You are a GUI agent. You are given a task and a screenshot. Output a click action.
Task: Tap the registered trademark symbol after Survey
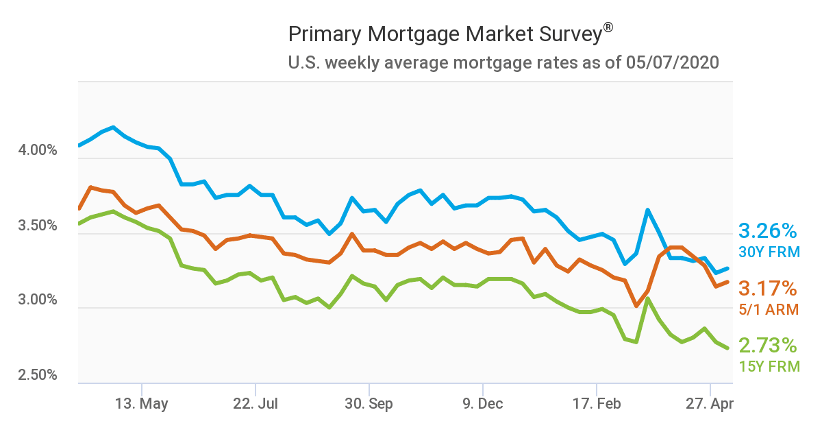tap(608, 28)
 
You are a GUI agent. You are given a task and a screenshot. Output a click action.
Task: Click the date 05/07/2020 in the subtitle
tap(672, 63)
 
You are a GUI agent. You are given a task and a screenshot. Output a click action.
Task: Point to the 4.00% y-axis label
tap(36, 150)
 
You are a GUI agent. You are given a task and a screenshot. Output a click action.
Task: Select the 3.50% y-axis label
tap(36, 226)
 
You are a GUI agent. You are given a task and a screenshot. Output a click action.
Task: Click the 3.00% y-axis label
tap(36, 300)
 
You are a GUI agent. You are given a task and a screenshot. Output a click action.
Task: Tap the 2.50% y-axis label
tap(36, 376)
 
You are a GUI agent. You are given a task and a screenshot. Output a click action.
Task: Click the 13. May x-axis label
tap(142, 404)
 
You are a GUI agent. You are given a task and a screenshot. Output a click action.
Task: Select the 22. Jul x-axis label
tap(256, 404)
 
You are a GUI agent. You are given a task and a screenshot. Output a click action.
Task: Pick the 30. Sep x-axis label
tap(369, 404)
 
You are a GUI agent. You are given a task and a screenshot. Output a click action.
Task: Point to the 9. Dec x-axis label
tap(482, 404)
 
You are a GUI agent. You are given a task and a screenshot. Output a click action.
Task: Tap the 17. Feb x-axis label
tap(596, 404)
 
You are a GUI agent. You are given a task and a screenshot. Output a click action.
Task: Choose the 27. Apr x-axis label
tap(710, 404)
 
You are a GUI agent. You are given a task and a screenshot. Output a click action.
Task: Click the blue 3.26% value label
tap(768, 230)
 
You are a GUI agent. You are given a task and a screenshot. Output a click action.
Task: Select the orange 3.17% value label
tap(768, 288)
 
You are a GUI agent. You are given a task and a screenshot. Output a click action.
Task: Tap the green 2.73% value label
tap(768, 345)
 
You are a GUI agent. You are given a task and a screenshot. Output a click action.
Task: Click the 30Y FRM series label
tap(769, 252)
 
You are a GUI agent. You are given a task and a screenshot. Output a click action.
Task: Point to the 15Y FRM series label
tap(769, 367)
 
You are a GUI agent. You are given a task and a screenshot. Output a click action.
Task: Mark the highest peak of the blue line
tap(113, 128)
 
